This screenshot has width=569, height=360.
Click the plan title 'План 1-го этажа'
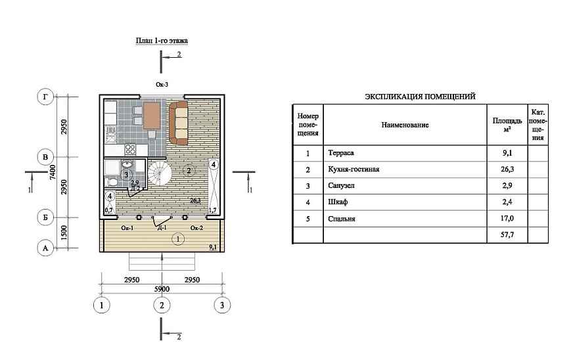[x=162, y=41]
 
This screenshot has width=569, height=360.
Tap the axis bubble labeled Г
[x=45, y=97]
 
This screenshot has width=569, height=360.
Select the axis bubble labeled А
[x=45, y=248]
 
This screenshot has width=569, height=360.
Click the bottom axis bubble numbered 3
[x=222, y=305]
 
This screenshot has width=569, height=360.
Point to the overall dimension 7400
[x=53, y=172]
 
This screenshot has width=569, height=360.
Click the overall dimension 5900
[x=162, y=289]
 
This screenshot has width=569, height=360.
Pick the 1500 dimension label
[x=64, y=233]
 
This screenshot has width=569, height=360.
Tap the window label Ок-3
[x=162, y=85]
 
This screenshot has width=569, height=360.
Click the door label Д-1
[x=162, y=228]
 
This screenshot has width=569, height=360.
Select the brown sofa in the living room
[x=178, y=123]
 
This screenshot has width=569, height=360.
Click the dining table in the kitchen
[x=152, y=116]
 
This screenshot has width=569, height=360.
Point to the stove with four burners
[x=130, y=149]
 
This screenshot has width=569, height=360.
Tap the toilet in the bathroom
[x=112, y=181]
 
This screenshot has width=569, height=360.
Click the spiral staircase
[x=159, y=173]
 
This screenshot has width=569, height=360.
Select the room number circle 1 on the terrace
[x=178, y=239]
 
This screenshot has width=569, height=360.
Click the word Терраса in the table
[x=341, y=153]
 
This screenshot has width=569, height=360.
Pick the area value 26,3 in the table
[x=507, y=169]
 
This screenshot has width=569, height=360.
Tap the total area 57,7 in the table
[x=507, y=235]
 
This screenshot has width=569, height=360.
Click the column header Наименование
[x=405, y=125]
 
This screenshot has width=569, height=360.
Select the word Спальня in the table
[x=342, y=219]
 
